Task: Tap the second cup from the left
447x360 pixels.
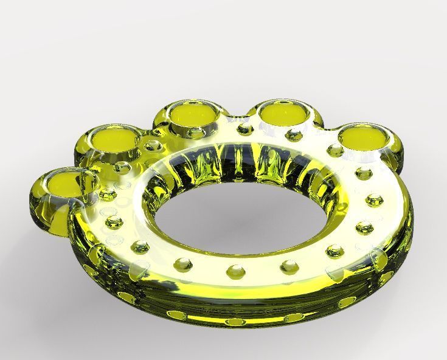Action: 115,139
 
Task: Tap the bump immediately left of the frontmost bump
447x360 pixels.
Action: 183,265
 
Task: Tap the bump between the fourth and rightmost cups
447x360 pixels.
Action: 333,149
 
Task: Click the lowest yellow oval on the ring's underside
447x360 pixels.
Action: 233,321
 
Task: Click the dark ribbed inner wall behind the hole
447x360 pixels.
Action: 243,167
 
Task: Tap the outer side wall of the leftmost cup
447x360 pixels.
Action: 43,213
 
